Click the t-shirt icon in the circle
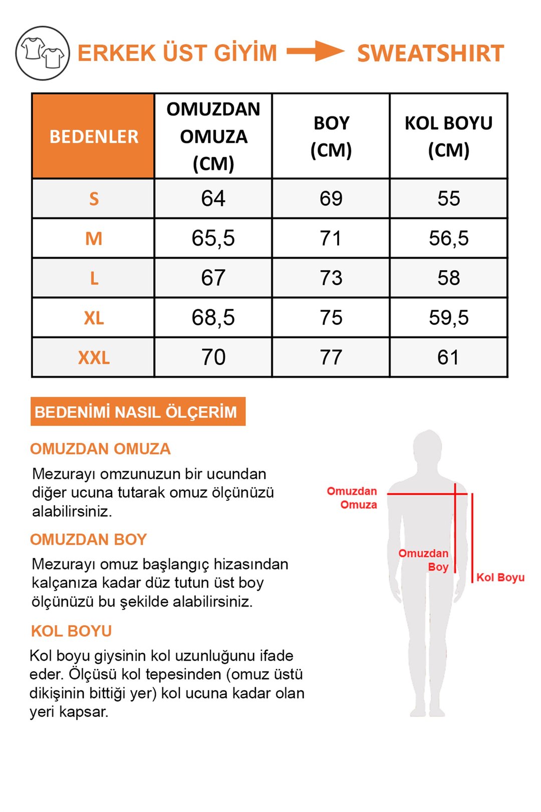click(43, 53)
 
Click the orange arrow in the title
click(315, 51)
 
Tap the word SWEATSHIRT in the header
click(430, 54)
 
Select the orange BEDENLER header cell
click(94, 136)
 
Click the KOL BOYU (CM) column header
click(448, 136)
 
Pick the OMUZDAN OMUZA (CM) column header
click(213, 136)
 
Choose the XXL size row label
click(94, 358)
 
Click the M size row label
click(94, 239)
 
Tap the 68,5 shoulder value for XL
click(213, 318)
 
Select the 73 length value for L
click(331, 278)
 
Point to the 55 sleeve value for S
click(448, 199)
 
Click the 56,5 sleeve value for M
click(448, 239)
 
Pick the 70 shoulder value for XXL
click(213, 357)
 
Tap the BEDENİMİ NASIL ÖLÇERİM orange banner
click(138, 412)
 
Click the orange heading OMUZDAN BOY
click(88, 539)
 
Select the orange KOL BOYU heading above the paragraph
click(71, 631)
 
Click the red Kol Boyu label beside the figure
click(500, 577)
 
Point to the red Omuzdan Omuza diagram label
click(353, 498)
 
